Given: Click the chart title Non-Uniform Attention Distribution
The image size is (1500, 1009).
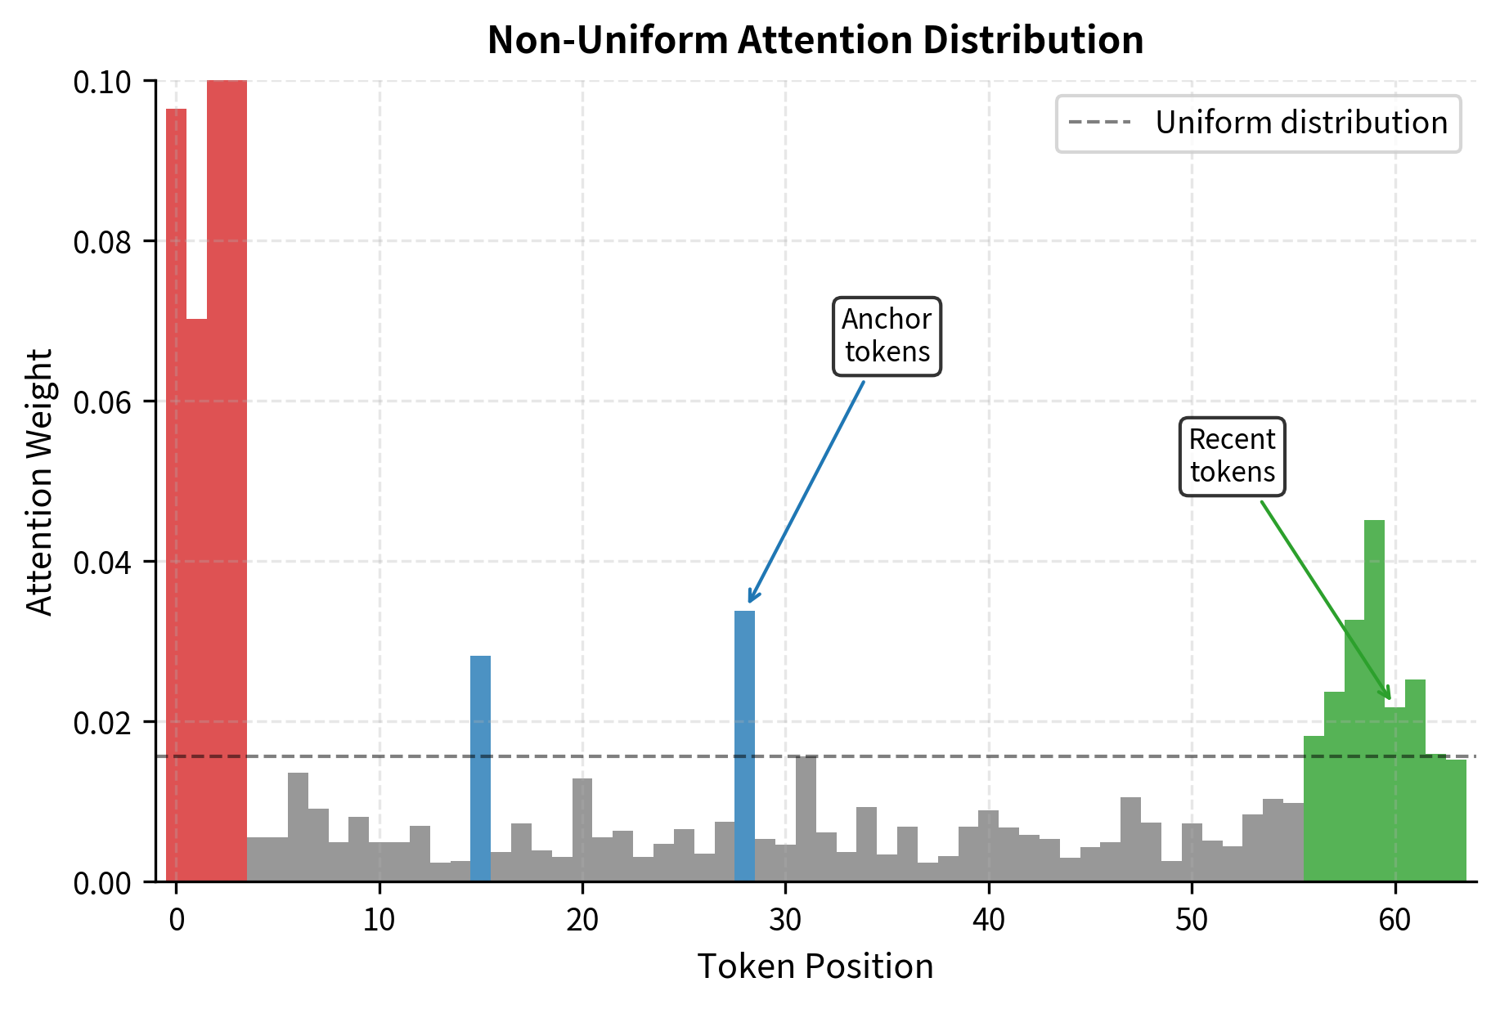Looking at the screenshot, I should [815, 40].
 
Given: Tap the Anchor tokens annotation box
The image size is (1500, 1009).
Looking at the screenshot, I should [887, 336].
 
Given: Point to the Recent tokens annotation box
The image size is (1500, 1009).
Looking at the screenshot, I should [1232, 456].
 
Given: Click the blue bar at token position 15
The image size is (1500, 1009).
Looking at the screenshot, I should [481, 769].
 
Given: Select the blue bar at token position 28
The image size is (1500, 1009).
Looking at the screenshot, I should [744, 746].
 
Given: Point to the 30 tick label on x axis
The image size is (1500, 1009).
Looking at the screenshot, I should [785, 921].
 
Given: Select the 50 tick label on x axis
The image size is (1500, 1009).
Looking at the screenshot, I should [1192, 921].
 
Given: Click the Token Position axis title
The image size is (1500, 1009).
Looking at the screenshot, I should [815, 967].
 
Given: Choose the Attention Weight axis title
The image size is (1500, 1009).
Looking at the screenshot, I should [39, 482].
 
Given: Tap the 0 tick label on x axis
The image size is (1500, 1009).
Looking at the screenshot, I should [177, 921].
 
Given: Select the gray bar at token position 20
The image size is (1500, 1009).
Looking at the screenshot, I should [582, 830].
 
